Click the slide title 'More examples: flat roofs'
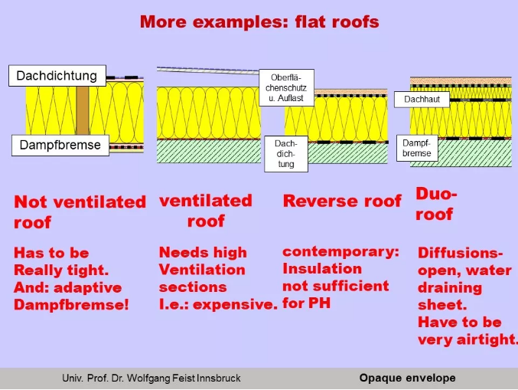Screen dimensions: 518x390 [x=259, y=22]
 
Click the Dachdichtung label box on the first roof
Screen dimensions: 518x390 [x=57, y=76]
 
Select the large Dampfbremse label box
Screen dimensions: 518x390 [x=60, y=146]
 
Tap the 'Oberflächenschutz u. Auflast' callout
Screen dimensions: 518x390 [x=286, y=87]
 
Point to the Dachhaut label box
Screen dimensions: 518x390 [x=422, y=100]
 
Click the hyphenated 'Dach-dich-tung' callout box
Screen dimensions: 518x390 [x=286, y=154]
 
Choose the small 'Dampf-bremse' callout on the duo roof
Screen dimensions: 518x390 [x=417, y=148]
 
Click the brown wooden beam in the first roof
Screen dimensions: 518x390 [x=83, y=110]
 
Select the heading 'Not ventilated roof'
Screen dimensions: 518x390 [x=80, y=211]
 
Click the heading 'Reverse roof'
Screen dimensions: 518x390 [x=342, y=201]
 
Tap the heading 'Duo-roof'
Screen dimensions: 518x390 [x=436, y=204]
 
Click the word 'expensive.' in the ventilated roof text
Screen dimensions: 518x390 [x=235, y=304]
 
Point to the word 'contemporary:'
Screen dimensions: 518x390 [x=340, y=252]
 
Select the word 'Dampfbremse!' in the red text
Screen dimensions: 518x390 [x=71, y=305]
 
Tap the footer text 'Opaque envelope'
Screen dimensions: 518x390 [x=407, y=378]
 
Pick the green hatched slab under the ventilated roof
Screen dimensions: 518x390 [x=209, y=151]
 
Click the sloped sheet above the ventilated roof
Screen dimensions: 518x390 [x=208, y=70]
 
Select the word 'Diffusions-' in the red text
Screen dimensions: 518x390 [x=460, y=253]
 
